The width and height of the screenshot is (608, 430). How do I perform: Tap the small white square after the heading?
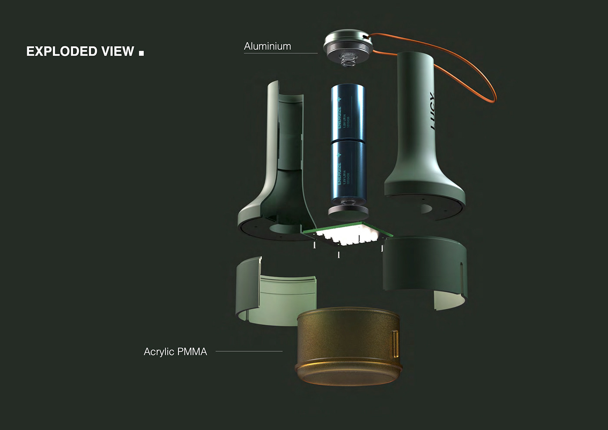(x=141, y=53)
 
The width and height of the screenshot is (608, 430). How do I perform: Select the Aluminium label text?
(x=268, y=46)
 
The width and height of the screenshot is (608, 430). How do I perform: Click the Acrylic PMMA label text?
(x=175, y=351)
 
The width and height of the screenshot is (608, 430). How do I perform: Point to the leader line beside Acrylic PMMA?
(x=249, y=351)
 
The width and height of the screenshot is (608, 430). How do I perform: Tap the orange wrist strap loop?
(x=486, y=78)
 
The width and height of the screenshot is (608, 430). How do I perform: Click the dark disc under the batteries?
(x=348, y=213)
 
